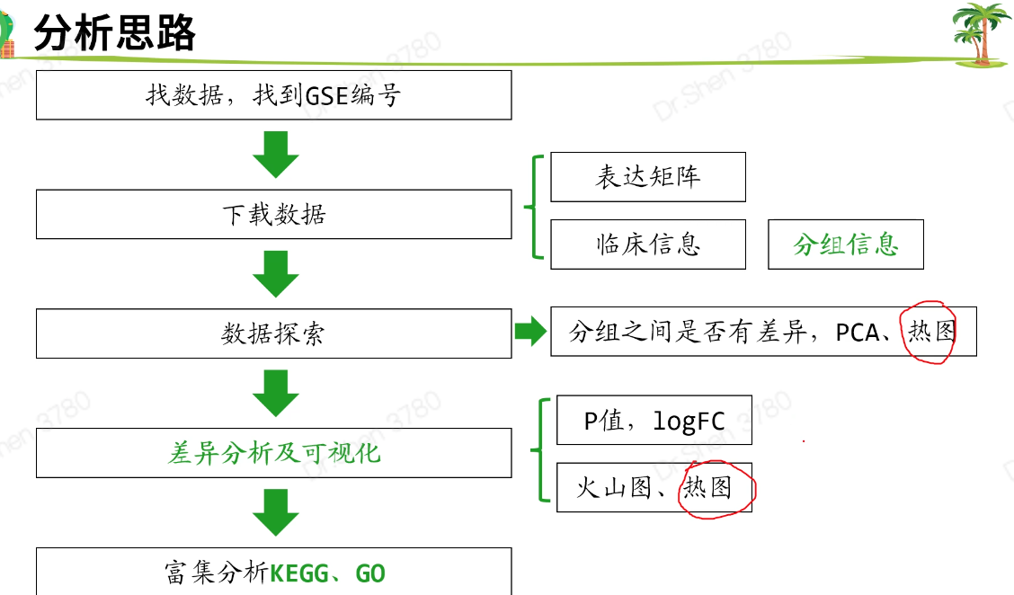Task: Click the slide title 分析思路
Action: point(114,34)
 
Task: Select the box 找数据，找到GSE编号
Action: point(273,95)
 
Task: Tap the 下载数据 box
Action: point(273,215)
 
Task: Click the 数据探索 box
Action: point(273,333)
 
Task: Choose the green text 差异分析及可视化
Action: point(273,453)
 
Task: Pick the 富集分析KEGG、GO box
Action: point(273,572)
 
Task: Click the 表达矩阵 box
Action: point(647,177)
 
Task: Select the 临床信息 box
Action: point(647,244)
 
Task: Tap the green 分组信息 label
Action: point(845,244)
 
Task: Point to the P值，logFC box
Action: point(654,420)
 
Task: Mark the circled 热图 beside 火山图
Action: point(708,488)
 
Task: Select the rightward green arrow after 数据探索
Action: point(530,332)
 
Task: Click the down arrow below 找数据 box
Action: point(275,154)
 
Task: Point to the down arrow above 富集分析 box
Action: point(275,511)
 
